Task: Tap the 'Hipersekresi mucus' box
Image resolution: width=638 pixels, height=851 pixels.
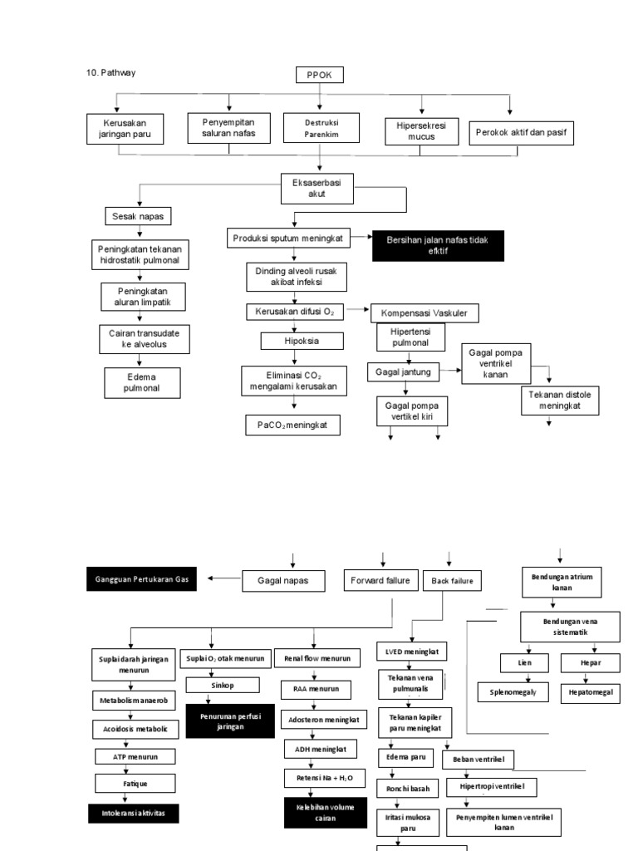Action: click(422, 130)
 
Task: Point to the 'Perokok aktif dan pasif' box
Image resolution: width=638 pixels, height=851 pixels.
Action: click(521, 131)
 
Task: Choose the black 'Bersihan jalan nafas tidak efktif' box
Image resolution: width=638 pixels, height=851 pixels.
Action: click(438, 245)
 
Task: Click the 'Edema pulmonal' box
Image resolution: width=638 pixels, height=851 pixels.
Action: click(141, 382)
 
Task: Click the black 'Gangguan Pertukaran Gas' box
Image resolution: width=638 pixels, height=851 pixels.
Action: click(141, 578)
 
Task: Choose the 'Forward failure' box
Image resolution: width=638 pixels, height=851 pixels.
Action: click(380, 580)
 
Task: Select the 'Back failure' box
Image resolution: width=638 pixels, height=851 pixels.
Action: click(453, 581)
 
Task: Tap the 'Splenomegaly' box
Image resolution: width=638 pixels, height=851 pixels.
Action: click(513, 691)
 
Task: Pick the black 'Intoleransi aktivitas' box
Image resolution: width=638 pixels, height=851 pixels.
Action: click(135, 813)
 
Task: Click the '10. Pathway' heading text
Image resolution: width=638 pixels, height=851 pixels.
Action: click(110, 72)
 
